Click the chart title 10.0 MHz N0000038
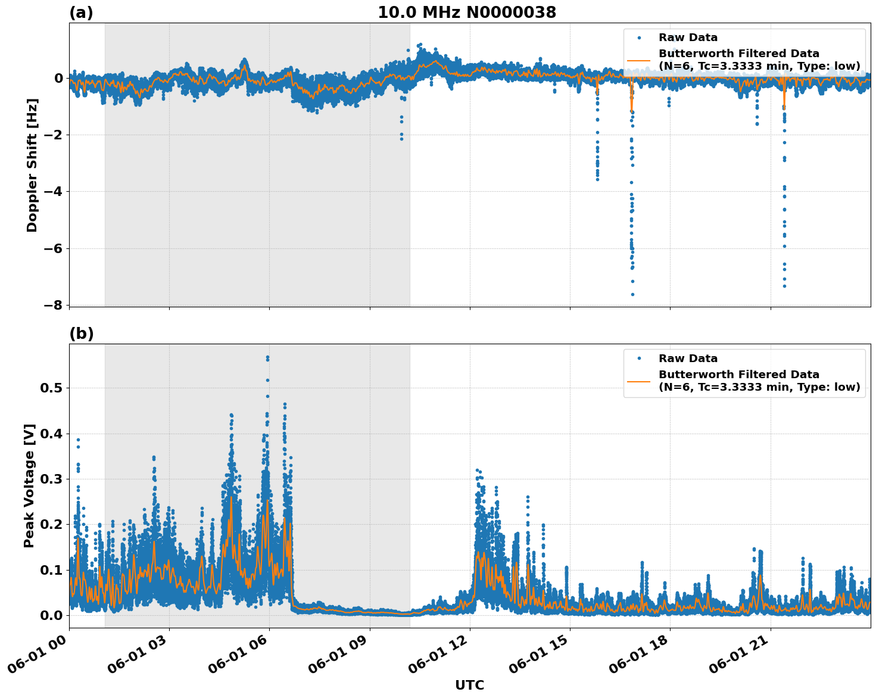467,13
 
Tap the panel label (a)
81,13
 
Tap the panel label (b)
81,334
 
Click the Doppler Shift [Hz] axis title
32,165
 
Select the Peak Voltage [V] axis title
29,485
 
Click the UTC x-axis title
469,685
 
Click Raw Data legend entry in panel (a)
688,38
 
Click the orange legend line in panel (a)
638,60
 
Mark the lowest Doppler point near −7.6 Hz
632,294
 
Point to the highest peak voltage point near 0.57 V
267,357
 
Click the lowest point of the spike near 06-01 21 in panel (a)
784,286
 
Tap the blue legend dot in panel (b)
638,359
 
